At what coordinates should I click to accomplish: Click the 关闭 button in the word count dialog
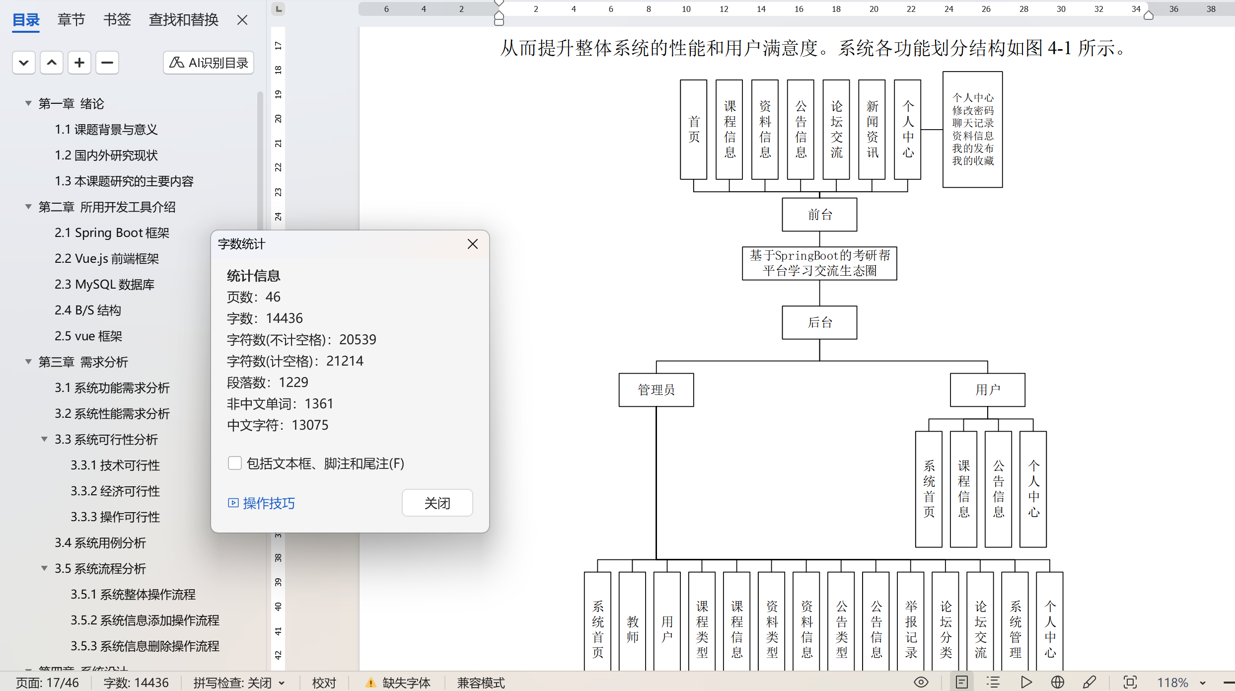(x=437, y=503)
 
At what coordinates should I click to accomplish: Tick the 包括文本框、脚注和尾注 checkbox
(x=234, y=463)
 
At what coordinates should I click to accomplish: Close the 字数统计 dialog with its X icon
(x=472, y=244)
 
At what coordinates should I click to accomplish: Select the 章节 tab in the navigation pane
(x=71, y=20)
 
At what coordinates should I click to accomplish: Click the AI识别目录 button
(x=209, y=63)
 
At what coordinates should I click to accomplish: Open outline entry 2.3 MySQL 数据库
(x=104, y=284)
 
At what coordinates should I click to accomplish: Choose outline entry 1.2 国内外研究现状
(x=106, y=155)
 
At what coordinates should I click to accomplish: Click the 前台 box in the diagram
(x=819, y=215)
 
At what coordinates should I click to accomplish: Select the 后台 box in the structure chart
(x=819, y=322)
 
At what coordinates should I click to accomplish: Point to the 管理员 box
(x=655, y=389)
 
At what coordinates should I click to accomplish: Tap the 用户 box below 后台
(x=987, y=389)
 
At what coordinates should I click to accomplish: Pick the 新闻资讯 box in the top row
(x=872, y=129)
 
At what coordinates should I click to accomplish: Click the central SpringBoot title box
(x=819, y=263)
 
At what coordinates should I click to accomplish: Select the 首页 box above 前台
(x=693, y=129)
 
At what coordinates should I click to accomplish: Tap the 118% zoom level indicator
(x=1172, y=683)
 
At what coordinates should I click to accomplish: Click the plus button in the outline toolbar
(x=79, y=63)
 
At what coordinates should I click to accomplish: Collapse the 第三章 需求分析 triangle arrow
(x=28, y=362)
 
